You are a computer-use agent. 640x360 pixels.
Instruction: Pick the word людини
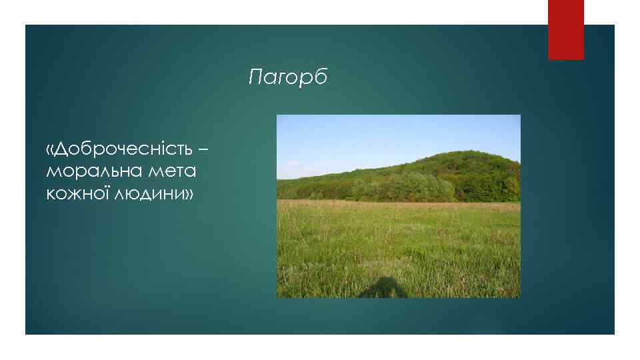(148, 194)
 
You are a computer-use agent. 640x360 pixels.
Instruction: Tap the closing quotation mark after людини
(188, 194)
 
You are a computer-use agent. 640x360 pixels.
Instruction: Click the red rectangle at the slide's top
(565, 29)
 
